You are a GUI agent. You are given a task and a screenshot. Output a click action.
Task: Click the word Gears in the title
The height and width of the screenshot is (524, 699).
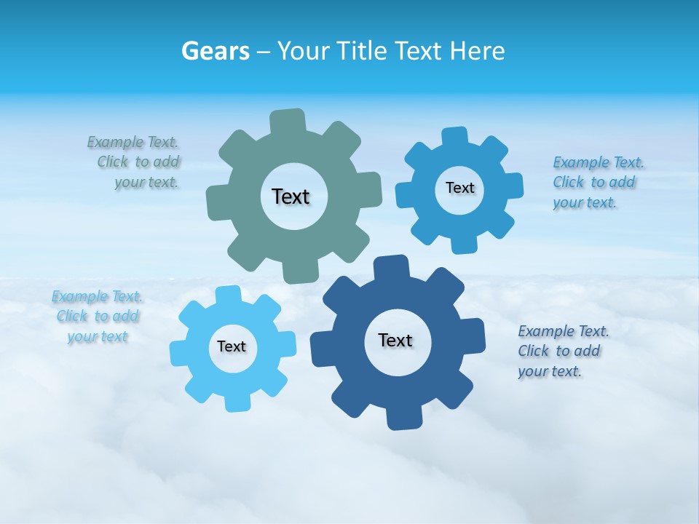(215, 51)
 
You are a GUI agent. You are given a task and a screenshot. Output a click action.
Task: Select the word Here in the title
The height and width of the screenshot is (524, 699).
(477, 51)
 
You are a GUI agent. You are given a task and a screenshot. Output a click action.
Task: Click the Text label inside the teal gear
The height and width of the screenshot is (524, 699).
(291, 196)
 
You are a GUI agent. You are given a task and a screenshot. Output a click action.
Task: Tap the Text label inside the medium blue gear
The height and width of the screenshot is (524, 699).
(459, 188)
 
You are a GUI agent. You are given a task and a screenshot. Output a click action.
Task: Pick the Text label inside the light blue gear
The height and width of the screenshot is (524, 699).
(232, 347)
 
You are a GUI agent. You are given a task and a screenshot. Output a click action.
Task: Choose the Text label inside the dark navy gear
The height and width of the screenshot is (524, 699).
(395, 340)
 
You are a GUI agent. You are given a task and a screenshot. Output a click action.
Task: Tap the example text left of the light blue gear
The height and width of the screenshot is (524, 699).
(98, 317)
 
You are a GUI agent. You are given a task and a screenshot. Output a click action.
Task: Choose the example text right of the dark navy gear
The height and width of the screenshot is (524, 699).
(561, 352)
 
